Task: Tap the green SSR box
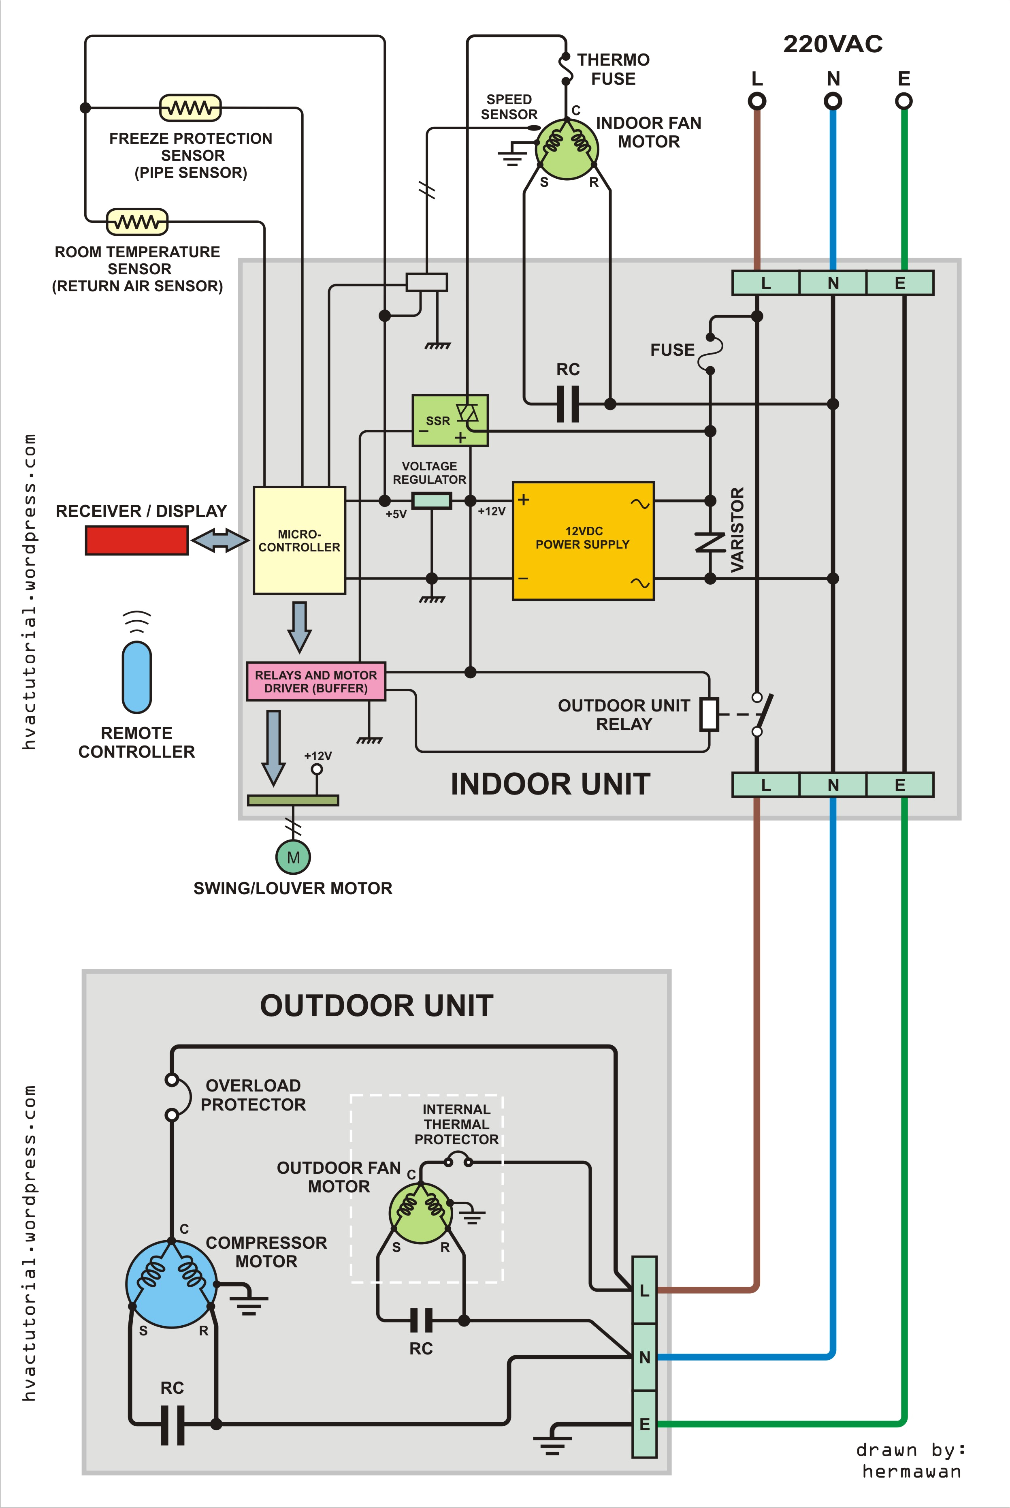click(x=450, y=420)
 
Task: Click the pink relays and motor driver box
click(x=315, y=681)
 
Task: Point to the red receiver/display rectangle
click(x=136, y=540)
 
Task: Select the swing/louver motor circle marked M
click(x=293, y=857)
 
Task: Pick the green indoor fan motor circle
click(x=567, y=148)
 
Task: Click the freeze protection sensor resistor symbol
click(x=190, y=108)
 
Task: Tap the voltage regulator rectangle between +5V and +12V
click(x=431, y=500)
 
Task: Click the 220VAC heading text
click(x=832, y=44)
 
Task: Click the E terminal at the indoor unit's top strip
click(x=900, y=283)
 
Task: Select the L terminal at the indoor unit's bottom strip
click(x=765, y=785)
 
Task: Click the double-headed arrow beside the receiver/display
click(x=219, y=540)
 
